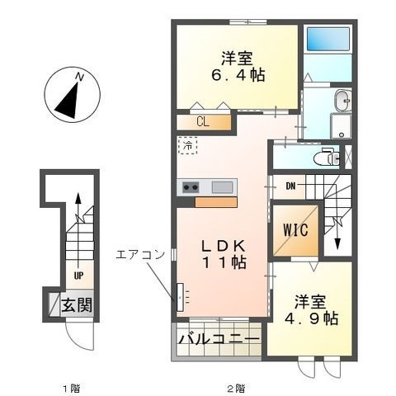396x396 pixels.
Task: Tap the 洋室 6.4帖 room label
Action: pyautogui.click(x=236, y=66)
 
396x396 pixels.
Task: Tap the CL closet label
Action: pyautogui.click(x=202, y=122)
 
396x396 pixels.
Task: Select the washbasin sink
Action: pyautogui.click(x=342, y=103)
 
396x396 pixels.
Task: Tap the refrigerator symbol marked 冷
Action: pyautogui.click(x=188, y=147)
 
